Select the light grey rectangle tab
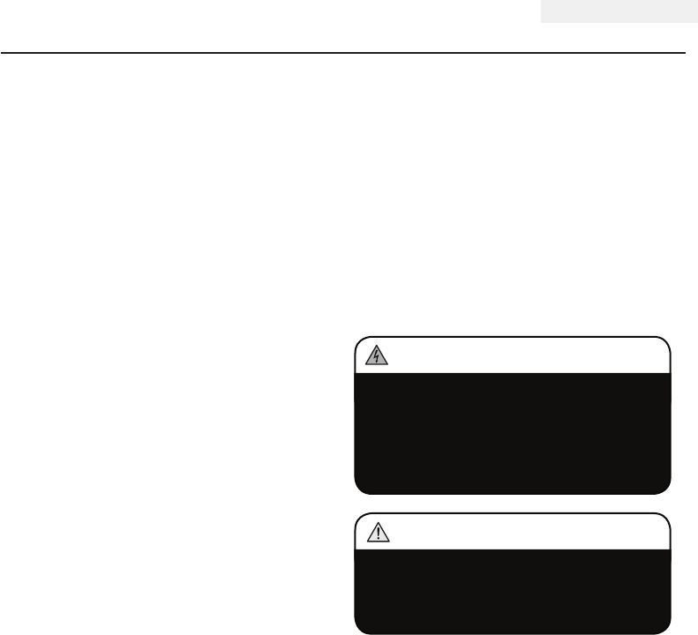[x=617, y=11]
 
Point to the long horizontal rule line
[x=343, y=52]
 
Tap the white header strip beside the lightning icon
[x=521, y=355]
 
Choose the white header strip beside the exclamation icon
[x=521, y=532]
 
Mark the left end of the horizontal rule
[x=3, y=52]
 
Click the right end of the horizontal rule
[x=685, y=52]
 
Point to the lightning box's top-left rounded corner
[x=357, y=340]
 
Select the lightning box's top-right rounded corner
[x=666, y=340]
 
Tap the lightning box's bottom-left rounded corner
[x=357, y=490]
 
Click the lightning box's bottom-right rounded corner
[x=666, y=490]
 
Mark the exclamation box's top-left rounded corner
[x=357, y=516]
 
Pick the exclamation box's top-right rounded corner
[x=666, y=516]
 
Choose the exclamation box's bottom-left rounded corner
[x=357, y=631]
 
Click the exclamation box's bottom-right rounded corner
[x=666, y=631]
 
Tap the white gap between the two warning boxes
[x=512, y=503]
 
